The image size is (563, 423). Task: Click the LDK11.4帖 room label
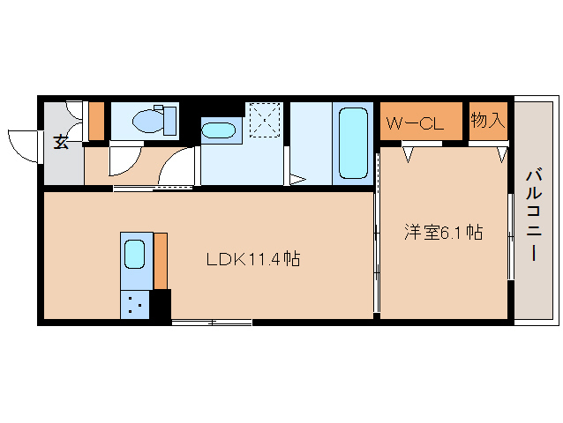(253, 259)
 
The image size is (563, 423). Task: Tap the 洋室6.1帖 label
(444, 233)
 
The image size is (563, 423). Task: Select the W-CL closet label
(415, 124)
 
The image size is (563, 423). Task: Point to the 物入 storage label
(488, 120)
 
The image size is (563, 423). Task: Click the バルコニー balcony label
(534, 215)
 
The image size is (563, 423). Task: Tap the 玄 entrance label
(61, 142)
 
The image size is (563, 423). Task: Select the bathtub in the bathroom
(353, 144)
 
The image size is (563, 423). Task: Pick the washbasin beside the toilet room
(218, 130)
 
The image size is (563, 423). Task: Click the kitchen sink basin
(135, 254)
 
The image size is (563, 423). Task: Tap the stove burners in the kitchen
(135, 305)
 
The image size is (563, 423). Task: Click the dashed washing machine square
(265, 120)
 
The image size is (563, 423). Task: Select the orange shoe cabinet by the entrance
(96, 121)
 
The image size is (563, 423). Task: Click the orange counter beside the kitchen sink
(161, 261)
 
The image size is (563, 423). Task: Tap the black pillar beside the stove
(161, 304)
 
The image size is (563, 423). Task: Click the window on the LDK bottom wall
(212, 323)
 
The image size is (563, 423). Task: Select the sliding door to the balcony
(511, 237)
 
